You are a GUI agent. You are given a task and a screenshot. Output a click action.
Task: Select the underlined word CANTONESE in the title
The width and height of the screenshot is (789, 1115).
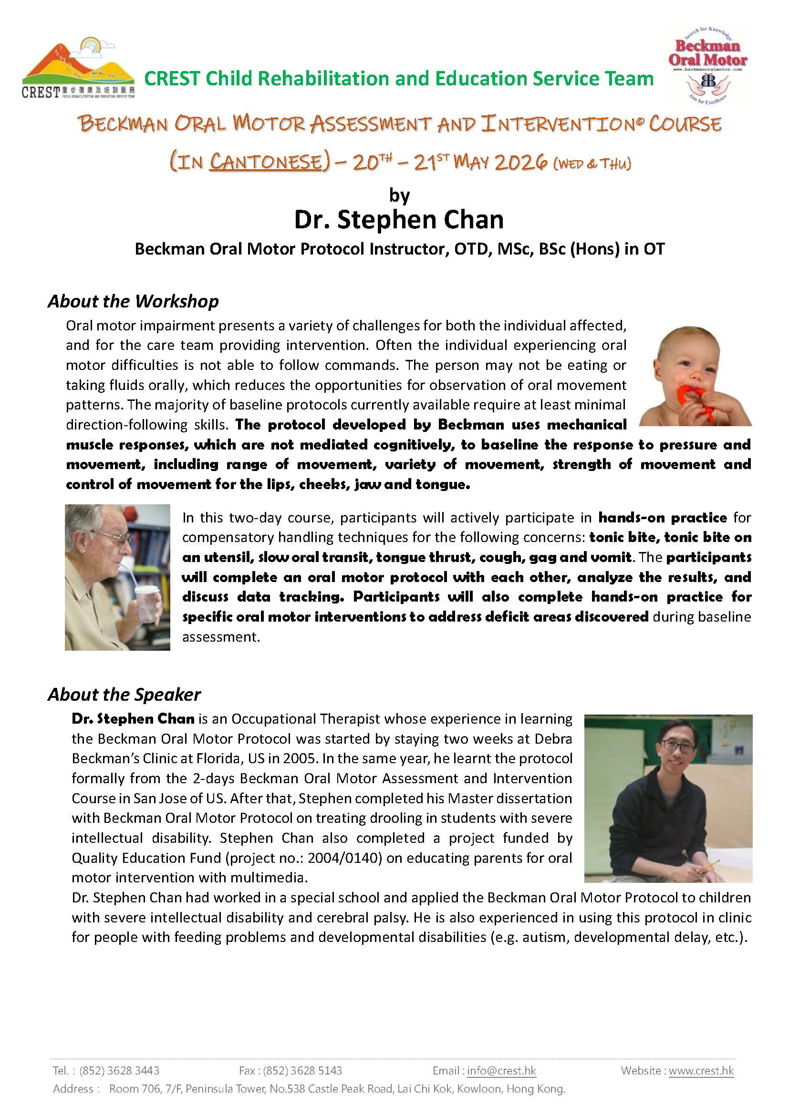(x=266, y=162)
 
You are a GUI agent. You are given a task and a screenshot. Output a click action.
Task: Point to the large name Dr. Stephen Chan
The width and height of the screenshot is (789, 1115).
(x=399, y=219)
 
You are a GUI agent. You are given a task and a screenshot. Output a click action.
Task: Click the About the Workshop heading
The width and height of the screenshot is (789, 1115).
(x=133, y=301)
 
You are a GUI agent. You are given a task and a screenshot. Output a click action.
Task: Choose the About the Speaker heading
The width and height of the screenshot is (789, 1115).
(x=124, y=695)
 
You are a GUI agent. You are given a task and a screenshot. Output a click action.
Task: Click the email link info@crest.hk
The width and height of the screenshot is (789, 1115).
(x=501, y=1070)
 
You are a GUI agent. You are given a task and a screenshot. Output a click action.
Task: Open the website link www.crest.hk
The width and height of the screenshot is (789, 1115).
(x=701, y=1070)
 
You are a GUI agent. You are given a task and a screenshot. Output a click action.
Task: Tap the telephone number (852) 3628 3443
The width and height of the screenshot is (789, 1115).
(x=119, y=1070)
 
